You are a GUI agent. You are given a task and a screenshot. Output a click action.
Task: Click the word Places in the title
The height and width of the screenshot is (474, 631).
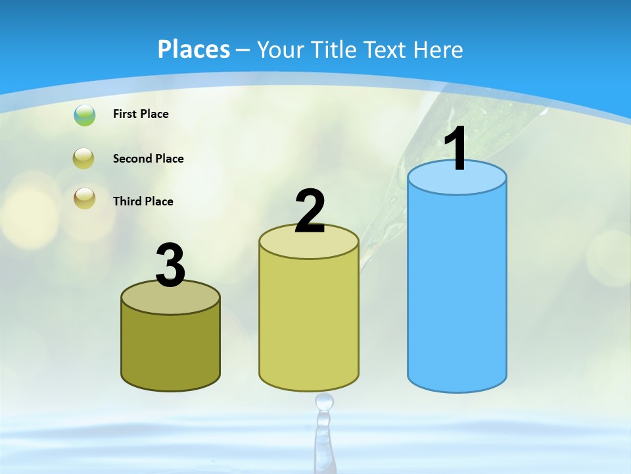tap(194, 49)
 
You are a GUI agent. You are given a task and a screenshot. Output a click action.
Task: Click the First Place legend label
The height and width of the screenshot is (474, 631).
tap(141, 114)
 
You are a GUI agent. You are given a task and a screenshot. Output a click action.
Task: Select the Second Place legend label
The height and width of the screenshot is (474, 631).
tap(148, 159)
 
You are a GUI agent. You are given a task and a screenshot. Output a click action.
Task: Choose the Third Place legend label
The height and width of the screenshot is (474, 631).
tap(143, 201)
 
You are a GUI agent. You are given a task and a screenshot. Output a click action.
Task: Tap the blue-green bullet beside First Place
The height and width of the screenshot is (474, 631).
tap(85, 115)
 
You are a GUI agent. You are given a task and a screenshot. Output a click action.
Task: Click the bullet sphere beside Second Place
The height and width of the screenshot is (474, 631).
tap(85, 159)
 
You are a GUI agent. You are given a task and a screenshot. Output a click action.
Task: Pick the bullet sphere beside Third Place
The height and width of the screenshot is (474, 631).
tap(85, 198)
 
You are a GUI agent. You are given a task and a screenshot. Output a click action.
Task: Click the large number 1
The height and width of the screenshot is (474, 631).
tap(456, 149)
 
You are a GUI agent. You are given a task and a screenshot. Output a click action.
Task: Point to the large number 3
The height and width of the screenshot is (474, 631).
tap(170, 265)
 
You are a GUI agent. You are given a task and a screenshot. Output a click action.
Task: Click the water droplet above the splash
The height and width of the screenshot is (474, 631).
tap(324, 401)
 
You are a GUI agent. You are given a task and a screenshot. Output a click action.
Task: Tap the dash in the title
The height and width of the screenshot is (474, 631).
tap(243, 50)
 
